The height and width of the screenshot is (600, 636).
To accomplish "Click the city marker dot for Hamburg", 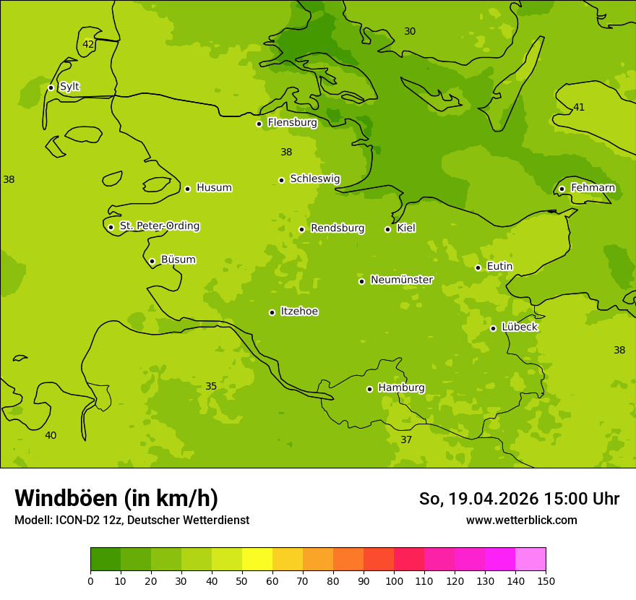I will pyautogui.click(x=369, y=389).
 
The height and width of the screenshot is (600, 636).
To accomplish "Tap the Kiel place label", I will pyautogui.click(x=406, y=228).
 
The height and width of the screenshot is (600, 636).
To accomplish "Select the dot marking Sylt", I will pyautogui.click(x=51, y=87).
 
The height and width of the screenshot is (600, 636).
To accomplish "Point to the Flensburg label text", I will pyautogui.click(x=292, y=123).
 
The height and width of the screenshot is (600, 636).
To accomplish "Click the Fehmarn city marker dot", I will pyautogui.click(x=562, y=189).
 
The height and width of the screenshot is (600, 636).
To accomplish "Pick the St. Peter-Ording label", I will pyautogui.click(x=159, y=226).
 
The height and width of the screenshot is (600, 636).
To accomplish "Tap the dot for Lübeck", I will pyautogui.click(x=493, y=328).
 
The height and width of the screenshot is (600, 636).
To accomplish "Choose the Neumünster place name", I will pyautogui.click(x=402, y=280).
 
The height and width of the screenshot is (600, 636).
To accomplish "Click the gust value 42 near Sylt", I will pyautogui.click(x=88, y=44).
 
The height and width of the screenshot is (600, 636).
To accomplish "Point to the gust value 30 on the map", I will pyautogui.click(x=410, y=31).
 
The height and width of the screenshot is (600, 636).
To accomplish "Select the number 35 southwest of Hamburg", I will pyautogui.click(x=211, y=387).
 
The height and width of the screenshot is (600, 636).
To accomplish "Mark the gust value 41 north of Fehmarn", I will pyautogui.click(x=579, y=108).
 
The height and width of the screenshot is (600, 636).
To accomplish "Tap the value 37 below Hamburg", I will pyautogui.click(x=406, y=440).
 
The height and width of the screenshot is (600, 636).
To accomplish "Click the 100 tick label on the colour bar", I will pyautogui.click(x=394, y=581).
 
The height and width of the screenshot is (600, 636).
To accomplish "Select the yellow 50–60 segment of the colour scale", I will pyautogui.click(x=257, y=560).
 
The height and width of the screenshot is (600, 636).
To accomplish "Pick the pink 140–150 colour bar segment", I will pyautogui.click(x=530, y=560).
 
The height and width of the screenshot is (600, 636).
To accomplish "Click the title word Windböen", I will pyautogui.click(x=66, y=498).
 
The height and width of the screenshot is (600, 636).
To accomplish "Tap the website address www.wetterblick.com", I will pyautogui.click(x=521, y=520).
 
